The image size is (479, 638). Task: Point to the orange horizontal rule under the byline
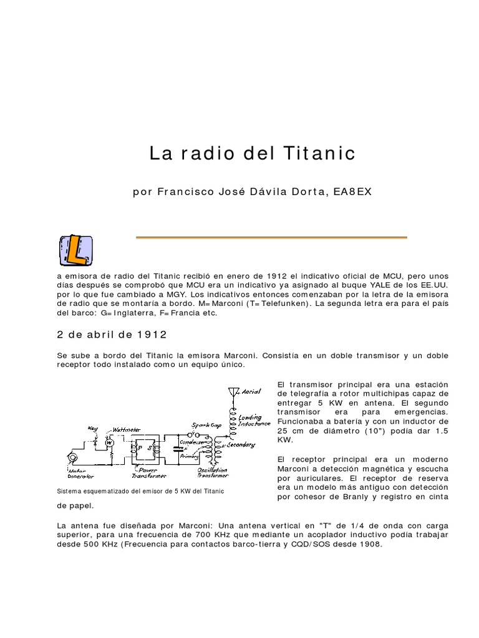271,237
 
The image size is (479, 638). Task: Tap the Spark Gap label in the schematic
206,425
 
